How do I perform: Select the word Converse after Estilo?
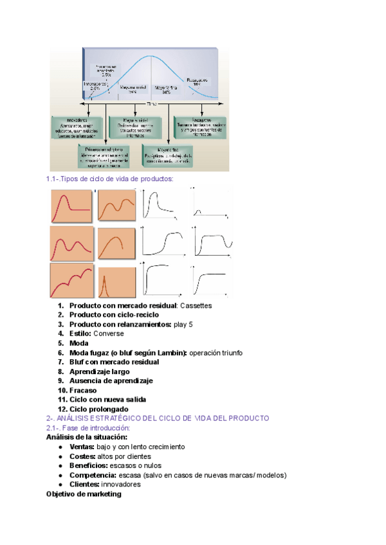point(109,334)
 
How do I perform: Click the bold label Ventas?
point(82,447)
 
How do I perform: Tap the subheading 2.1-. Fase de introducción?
point(88,428)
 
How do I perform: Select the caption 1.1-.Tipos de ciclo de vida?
point(109,179)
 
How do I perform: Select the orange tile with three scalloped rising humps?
point(71,280)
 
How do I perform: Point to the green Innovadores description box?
point(77,128)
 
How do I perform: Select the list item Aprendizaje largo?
point(99,371)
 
